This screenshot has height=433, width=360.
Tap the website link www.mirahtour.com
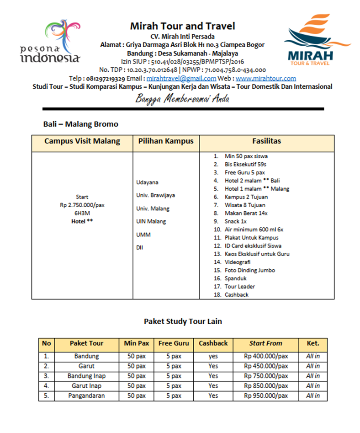coord(266,78)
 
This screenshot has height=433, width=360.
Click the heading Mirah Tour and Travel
coord(182,26)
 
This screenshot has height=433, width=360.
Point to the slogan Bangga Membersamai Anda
coord(182,98)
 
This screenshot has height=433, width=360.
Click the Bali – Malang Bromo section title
coord(80,124)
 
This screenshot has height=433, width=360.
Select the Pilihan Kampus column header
coord(166,141)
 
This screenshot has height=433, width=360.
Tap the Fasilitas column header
coord(267,141)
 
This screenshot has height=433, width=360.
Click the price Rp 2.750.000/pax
coord(82,205)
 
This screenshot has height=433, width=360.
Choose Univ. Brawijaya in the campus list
coord(155,195)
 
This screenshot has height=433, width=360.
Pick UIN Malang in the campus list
coord(151,221)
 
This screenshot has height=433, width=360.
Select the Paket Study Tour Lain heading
coord(183,321)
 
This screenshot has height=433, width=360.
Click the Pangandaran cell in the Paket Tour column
coord(86,396)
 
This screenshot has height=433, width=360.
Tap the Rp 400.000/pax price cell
coord(266,356)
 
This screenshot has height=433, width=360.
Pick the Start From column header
coord(266,343)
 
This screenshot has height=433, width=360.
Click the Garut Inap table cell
coord(86,385)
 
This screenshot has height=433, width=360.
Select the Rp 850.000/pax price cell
coord(266,385)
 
